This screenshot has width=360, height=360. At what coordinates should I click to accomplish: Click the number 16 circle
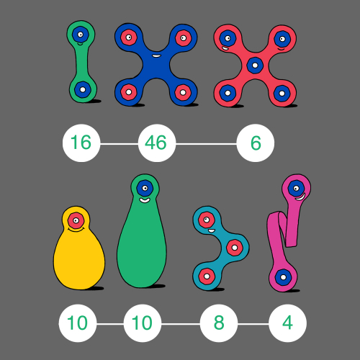pos(81,143)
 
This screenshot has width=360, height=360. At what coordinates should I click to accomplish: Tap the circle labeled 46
pos(157,143)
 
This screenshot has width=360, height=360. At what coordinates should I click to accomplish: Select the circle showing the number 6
pos(256,143)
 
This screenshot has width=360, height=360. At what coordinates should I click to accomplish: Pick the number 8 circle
pos(219,323)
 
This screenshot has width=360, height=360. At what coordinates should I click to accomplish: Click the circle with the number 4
pos(287,323)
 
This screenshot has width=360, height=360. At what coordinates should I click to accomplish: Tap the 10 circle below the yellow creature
pos(78,323)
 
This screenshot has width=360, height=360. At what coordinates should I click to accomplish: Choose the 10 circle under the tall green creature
pos(143,323)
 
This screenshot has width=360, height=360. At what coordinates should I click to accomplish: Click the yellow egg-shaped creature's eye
pos(76,220)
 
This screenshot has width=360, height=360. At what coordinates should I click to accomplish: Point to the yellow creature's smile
pos(76,230)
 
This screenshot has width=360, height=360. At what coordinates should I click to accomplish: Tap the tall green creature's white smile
pos(145,200)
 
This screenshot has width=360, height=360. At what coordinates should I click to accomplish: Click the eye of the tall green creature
pos(145,189)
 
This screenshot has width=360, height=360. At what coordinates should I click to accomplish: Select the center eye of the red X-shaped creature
pos(255,66)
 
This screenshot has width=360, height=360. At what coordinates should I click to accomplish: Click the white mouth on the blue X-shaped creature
pos(156,56)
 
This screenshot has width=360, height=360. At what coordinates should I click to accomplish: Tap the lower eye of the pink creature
pos(283,277)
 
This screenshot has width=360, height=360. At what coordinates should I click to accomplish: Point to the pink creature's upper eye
pos(296,188)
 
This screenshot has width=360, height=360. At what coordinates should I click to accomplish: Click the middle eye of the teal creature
pos(235,248)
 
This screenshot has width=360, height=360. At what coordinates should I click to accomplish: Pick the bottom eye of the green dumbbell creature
pos(83,90)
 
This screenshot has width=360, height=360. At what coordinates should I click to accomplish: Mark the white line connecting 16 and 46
pos(120,144)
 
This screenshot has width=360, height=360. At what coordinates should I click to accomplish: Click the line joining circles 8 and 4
pos(253,324)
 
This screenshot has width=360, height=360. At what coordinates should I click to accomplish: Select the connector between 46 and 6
pos(206,144)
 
